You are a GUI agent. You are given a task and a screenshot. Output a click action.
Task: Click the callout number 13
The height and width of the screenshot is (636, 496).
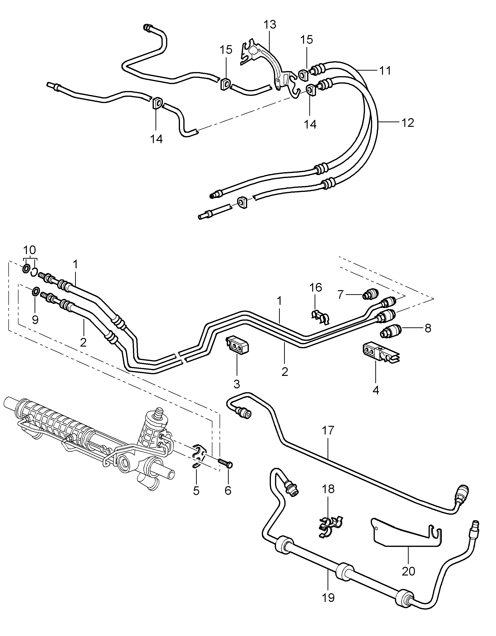point(270,25)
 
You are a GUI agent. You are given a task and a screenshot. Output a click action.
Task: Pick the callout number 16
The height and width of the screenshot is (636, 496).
point(316,287)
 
